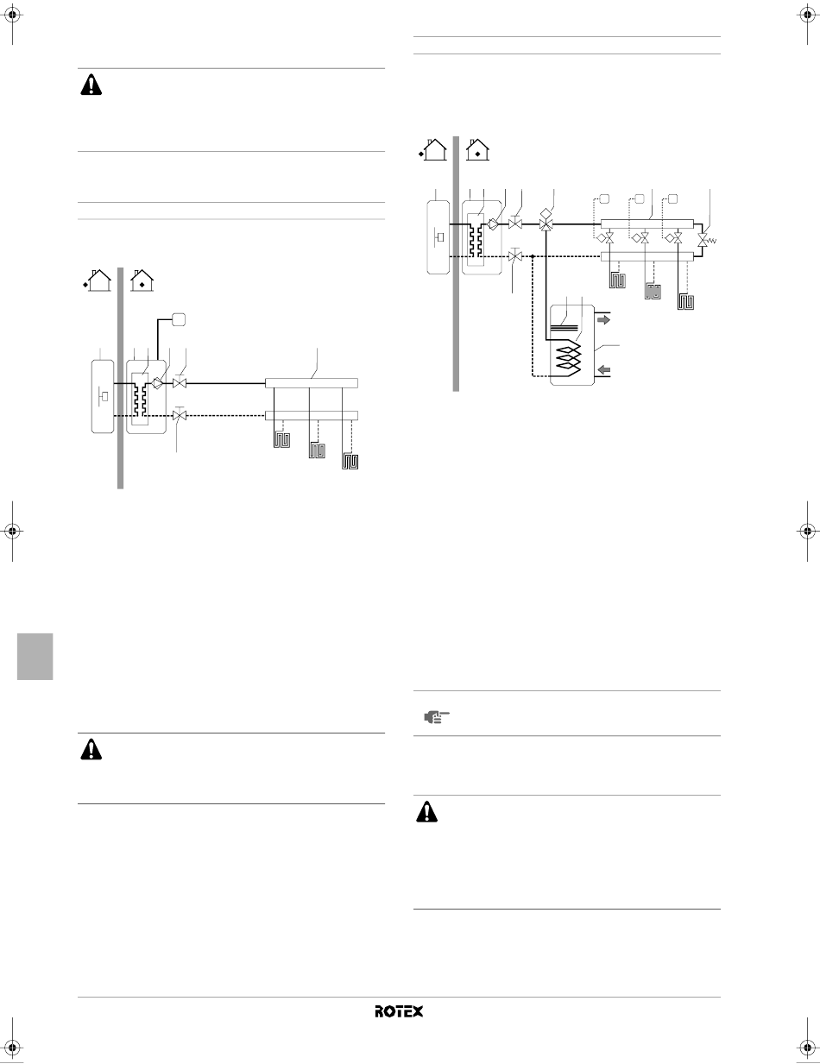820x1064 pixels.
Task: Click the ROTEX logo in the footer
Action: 399,1011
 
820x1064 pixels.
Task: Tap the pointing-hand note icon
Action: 437,717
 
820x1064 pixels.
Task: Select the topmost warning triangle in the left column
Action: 91,85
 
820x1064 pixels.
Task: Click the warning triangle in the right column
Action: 427,811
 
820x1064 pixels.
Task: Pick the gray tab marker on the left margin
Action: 35,656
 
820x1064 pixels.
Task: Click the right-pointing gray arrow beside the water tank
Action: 604,320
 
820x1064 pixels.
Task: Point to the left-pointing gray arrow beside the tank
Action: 604,369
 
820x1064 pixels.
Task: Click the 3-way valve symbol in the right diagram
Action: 546,224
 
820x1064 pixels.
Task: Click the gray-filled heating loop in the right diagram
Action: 653,292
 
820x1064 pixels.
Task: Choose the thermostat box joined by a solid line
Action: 179,320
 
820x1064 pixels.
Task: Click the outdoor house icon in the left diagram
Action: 98,280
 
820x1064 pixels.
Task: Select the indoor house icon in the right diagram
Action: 477,149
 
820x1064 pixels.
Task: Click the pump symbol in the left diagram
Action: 158,383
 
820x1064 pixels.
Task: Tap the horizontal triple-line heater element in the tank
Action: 565,329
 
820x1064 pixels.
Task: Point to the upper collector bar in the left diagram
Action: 312,383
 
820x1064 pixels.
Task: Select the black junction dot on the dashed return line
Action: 533,256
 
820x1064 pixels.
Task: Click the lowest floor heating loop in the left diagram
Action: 350,462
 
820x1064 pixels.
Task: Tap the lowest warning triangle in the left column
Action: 91,750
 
